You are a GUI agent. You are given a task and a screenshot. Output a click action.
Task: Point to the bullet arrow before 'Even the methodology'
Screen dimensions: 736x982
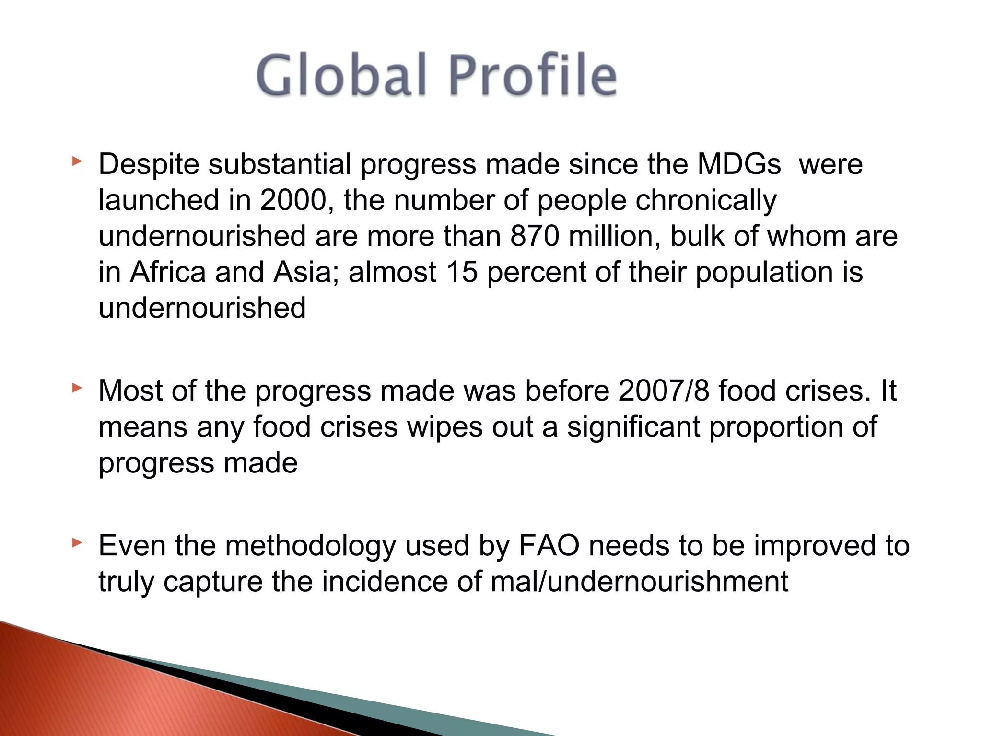click(x=77, y=543)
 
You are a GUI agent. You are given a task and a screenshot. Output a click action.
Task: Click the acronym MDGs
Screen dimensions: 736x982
click(x=739, y=164)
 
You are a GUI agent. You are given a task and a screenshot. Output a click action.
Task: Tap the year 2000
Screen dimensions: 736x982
click(x=293, y=200)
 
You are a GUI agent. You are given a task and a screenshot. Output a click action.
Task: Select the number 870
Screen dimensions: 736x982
click(x=535, y=236)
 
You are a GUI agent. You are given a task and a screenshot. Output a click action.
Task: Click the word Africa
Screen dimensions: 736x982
click(x=168, y=272)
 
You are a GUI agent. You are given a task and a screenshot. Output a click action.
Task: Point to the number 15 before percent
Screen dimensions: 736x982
click(x=462, y=272)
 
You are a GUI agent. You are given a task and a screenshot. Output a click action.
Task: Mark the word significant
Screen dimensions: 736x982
click(x=633, y=427)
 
